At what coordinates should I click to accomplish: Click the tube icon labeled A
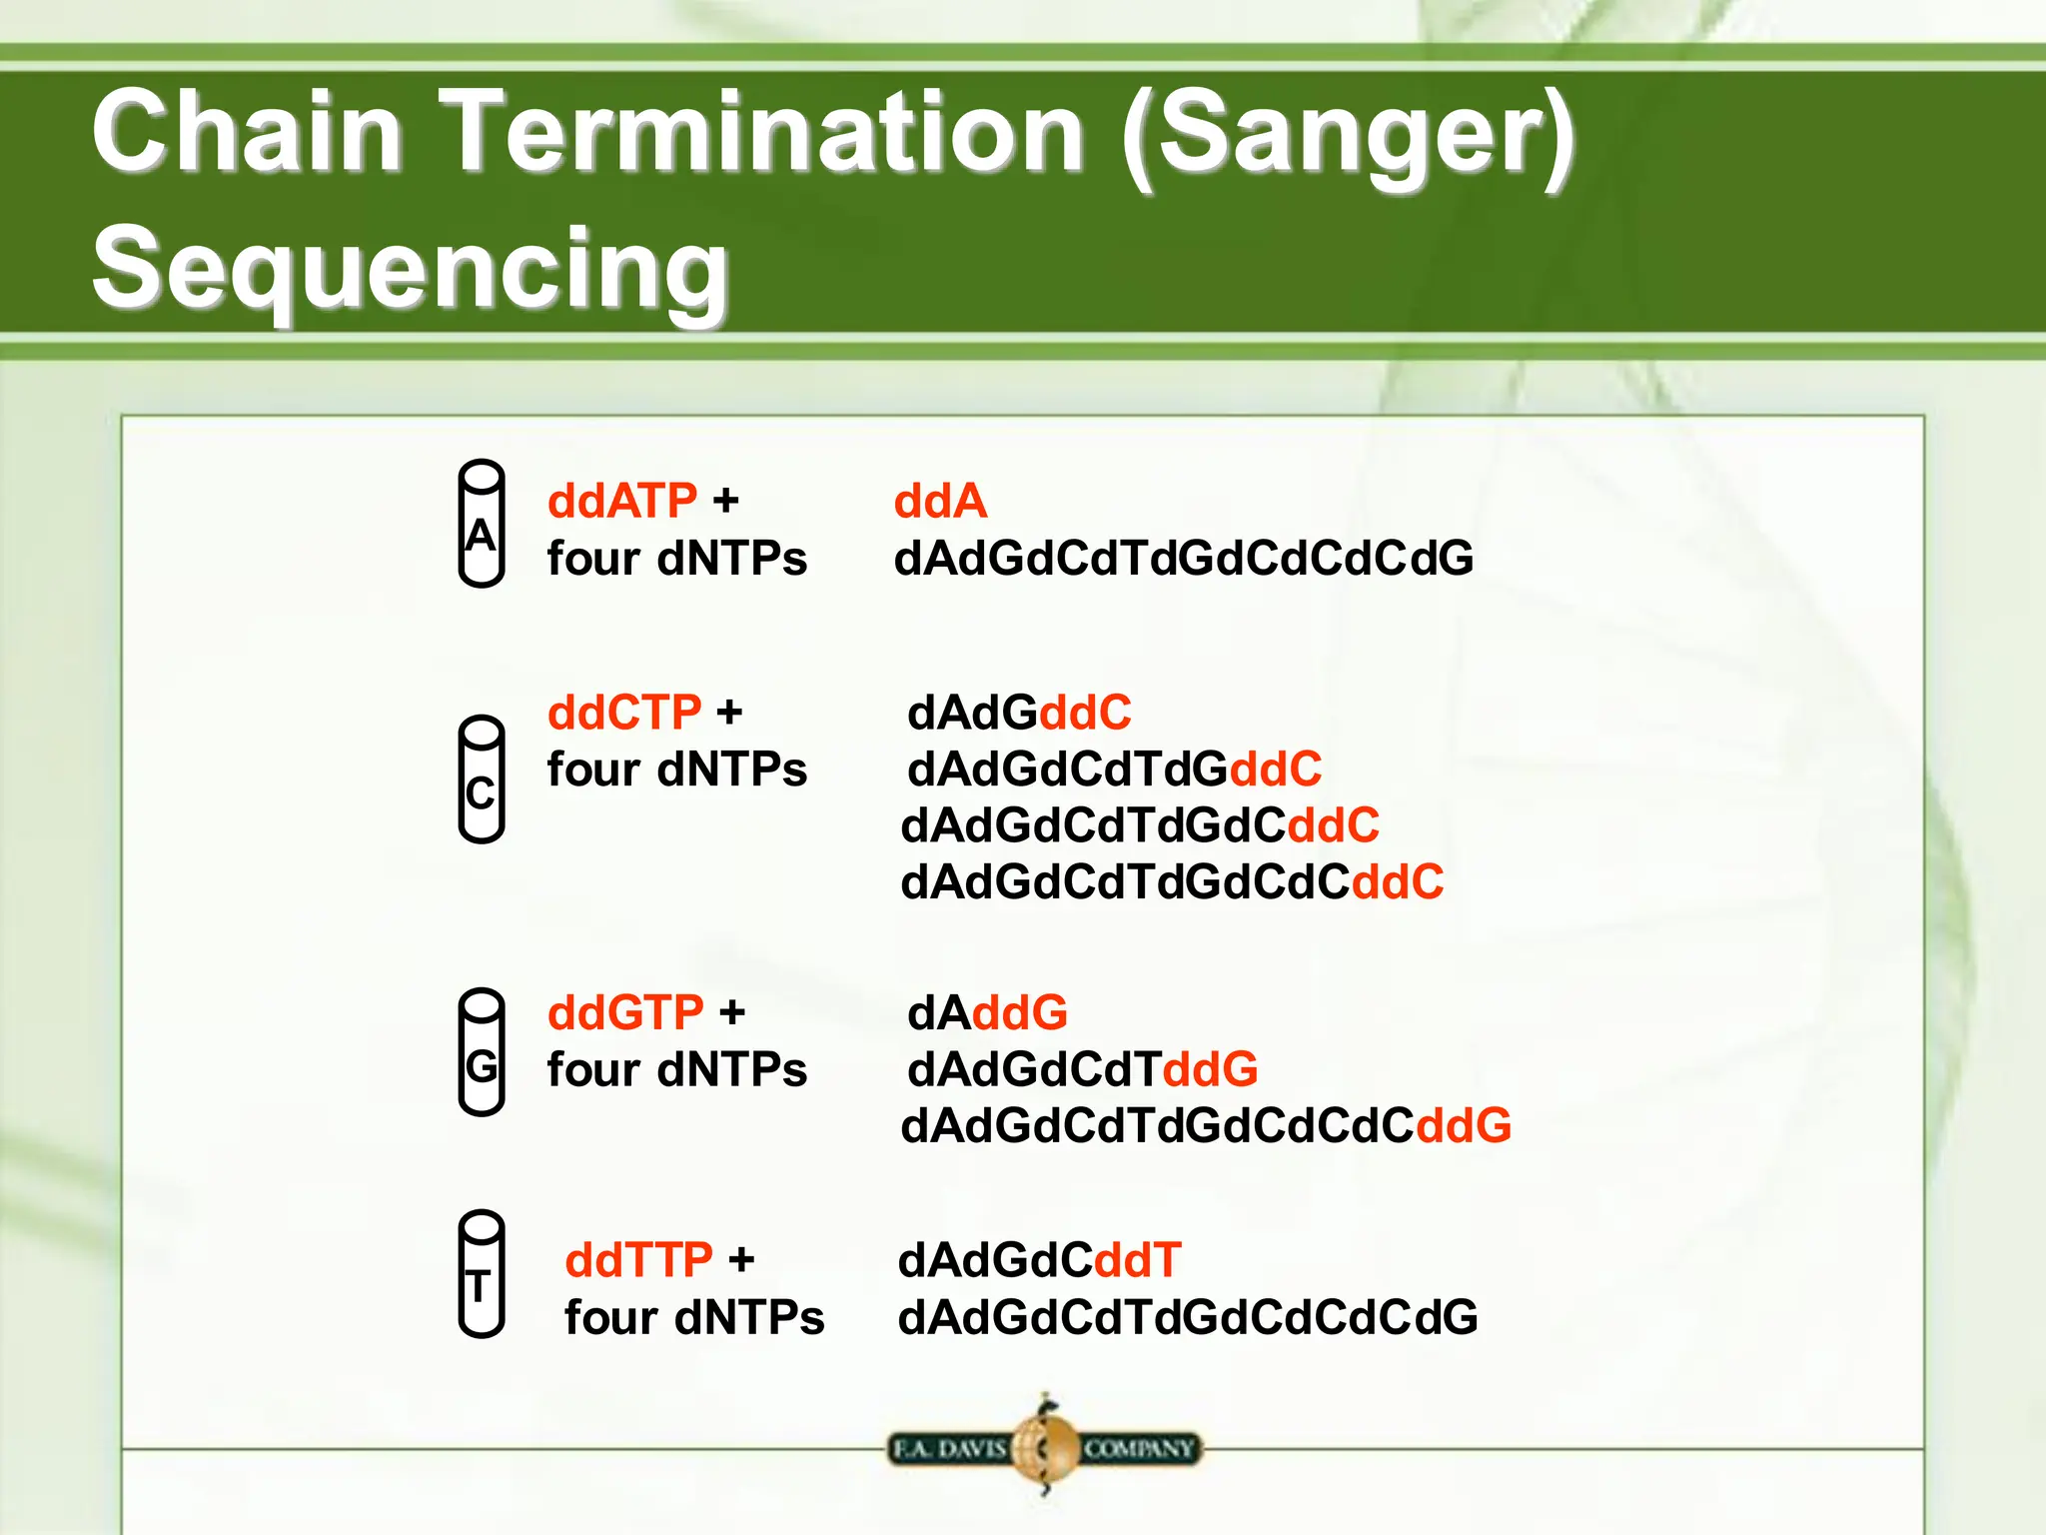click(481, 524)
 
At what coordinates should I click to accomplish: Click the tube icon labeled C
click(481, 779)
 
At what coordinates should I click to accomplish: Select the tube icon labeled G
click(481, 1051)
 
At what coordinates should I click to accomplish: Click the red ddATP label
click(621, 501)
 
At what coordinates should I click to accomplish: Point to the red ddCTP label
click(624, 713)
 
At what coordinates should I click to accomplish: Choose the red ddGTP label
click(625, 1012)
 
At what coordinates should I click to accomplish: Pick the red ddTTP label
click(638, 1260)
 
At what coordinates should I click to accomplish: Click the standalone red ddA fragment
click(939, 501)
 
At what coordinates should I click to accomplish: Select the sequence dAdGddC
click(1019, 713)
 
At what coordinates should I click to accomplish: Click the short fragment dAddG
click(987, 1012)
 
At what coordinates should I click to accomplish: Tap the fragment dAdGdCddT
click(1039, 1260)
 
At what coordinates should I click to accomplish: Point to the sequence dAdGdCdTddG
click(1082, 1069)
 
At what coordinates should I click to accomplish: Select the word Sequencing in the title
click(411, 268)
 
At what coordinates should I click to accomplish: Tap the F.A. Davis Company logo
click(1044, 1447)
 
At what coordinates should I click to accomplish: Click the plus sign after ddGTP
click(732, 1013)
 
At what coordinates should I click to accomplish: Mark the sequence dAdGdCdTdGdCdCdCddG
click(1205, 1125)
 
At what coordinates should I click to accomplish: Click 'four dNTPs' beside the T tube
click(694, 1317)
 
